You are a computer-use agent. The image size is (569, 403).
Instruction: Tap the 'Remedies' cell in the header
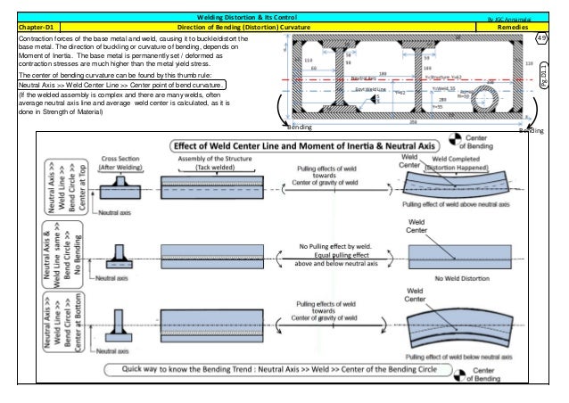pyautogui.click(x=519, y=28)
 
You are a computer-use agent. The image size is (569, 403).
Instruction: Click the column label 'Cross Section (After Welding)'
pyautogui.click(x=125, y=163)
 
